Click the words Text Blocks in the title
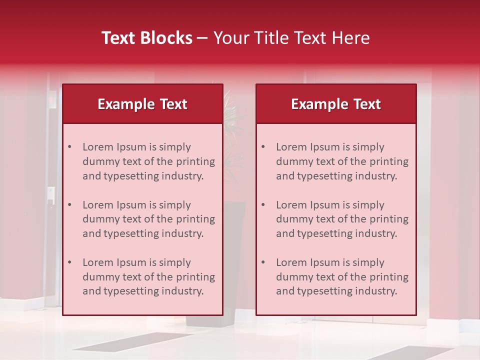coord(147,38)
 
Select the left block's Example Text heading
coord(142,104)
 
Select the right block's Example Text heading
coord(336,104)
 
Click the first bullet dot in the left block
coord(69,147)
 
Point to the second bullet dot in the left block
coord(69,205)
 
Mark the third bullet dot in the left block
coord(69,262)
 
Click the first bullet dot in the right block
coord(263,147)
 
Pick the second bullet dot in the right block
coord(263,205)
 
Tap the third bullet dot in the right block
coord(263,262)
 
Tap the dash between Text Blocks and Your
coord(202,38)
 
